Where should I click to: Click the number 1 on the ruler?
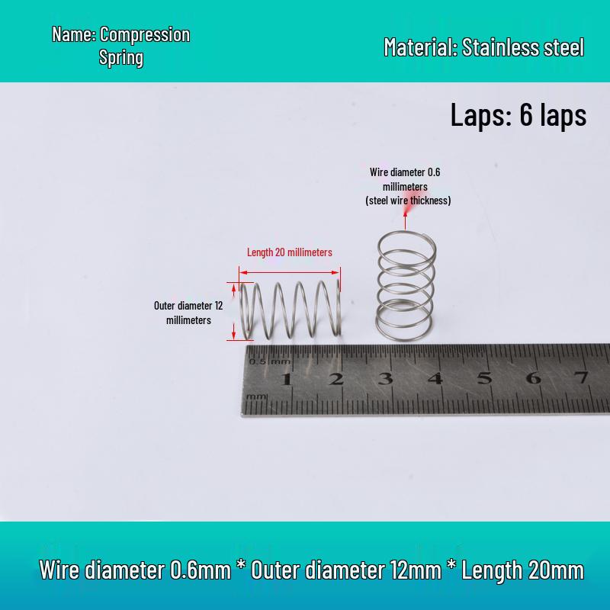[287, 379]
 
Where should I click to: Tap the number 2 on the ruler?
[336, 378]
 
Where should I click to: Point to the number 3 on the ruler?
[386, 378]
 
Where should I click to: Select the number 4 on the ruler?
[435, 378]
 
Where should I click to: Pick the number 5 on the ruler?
[484, 377]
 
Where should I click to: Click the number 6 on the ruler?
[533, 377]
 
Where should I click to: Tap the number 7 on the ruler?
[582, 377]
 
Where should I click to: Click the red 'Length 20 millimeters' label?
[290, 252]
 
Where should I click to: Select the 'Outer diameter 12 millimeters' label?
[188, 313]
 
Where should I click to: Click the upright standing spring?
[406, 286]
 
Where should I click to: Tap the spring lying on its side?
[291, 310]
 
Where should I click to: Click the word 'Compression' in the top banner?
[145, 35]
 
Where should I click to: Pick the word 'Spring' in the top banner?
[121, 58]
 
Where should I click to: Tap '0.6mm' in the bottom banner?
[201, 570]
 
